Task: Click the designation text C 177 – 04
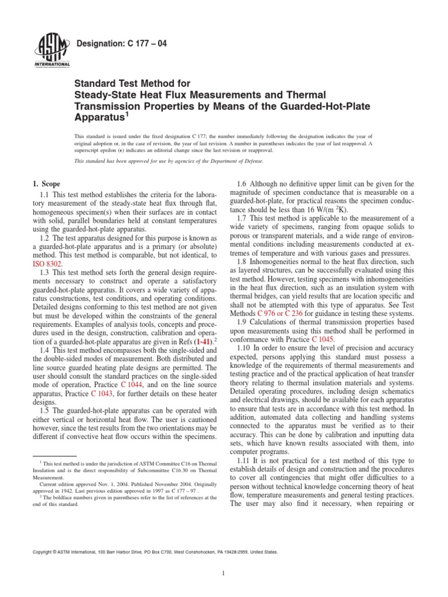coord(114,44)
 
